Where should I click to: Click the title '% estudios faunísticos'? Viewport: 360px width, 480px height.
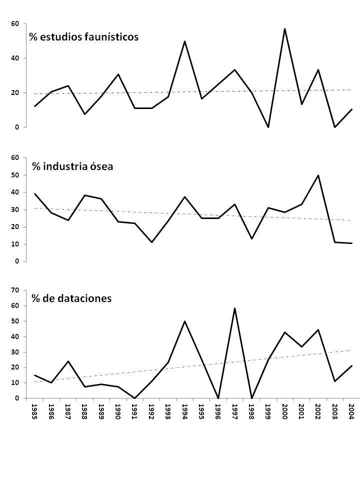click(x=84, y=36)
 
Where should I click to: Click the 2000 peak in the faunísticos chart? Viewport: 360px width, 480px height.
click(x=285, y=29)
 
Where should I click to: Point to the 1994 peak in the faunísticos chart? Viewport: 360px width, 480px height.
click(x=184, y=41)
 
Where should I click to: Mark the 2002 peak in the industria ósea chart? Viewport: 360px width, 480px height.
click(x=318, y=175)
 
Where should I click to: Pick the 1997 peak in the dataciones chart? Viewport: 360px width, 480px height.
click(x=234, y=308)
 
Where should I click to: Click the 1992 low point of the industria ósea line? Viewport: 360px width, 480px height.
click(x=151, y=242)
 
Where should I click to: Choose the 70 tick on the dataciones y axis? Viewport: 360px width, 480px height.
click(x=15, y=290)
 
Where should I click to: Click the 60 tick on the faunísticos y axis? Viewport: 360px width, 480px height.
click(x=15, y=23)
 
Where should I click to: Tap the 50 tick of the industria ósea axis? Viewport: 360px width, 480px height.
click(x=15, y=175)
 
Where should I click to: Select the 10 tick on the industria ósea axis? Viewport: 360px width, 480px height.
click(x=15, y=244)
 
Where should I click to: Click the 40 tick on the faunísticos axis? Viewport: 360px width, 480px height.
click(x=15, y=58)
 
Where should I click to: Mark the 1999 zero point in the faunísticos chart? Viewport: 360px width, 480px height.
click(x=268, y=127)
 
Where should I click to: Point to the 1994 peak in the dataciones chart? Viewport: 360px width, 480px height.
click(x=184, y=321)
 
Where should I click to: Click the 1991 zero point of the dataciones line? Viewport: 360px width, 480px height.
click(x=134, y=398)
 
